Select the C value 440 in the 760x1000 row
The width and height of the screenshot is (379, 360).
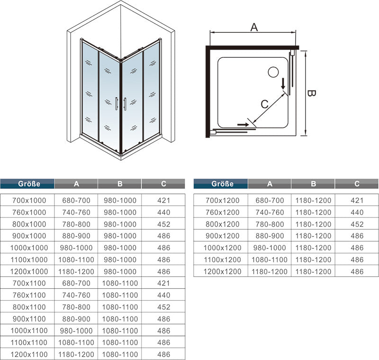point(163,212)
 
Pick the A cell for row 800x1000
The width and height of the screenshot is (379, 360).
point(76,224)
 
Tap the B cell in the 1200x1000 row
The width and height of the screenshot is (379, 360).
point(120,272)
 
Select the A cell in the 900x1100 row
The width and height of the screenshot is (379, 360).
point(76,319)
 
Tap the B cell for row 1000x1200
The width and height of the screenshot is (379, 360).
point(313,248)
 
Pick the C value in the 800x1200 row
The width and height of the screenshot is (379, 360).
point(357,224)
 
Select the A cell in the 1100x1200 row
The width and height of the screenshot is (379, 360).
point(270,260)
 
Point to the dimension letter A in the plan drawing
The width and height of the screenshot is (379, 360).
point(254,28)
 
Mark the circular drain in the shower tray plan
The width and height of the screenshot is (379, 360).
point(273,73)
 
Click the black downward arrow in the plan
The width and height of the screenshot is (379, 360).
point(283,84)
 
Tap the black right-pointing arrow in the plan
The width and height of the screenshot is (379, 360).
point(243,124)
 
